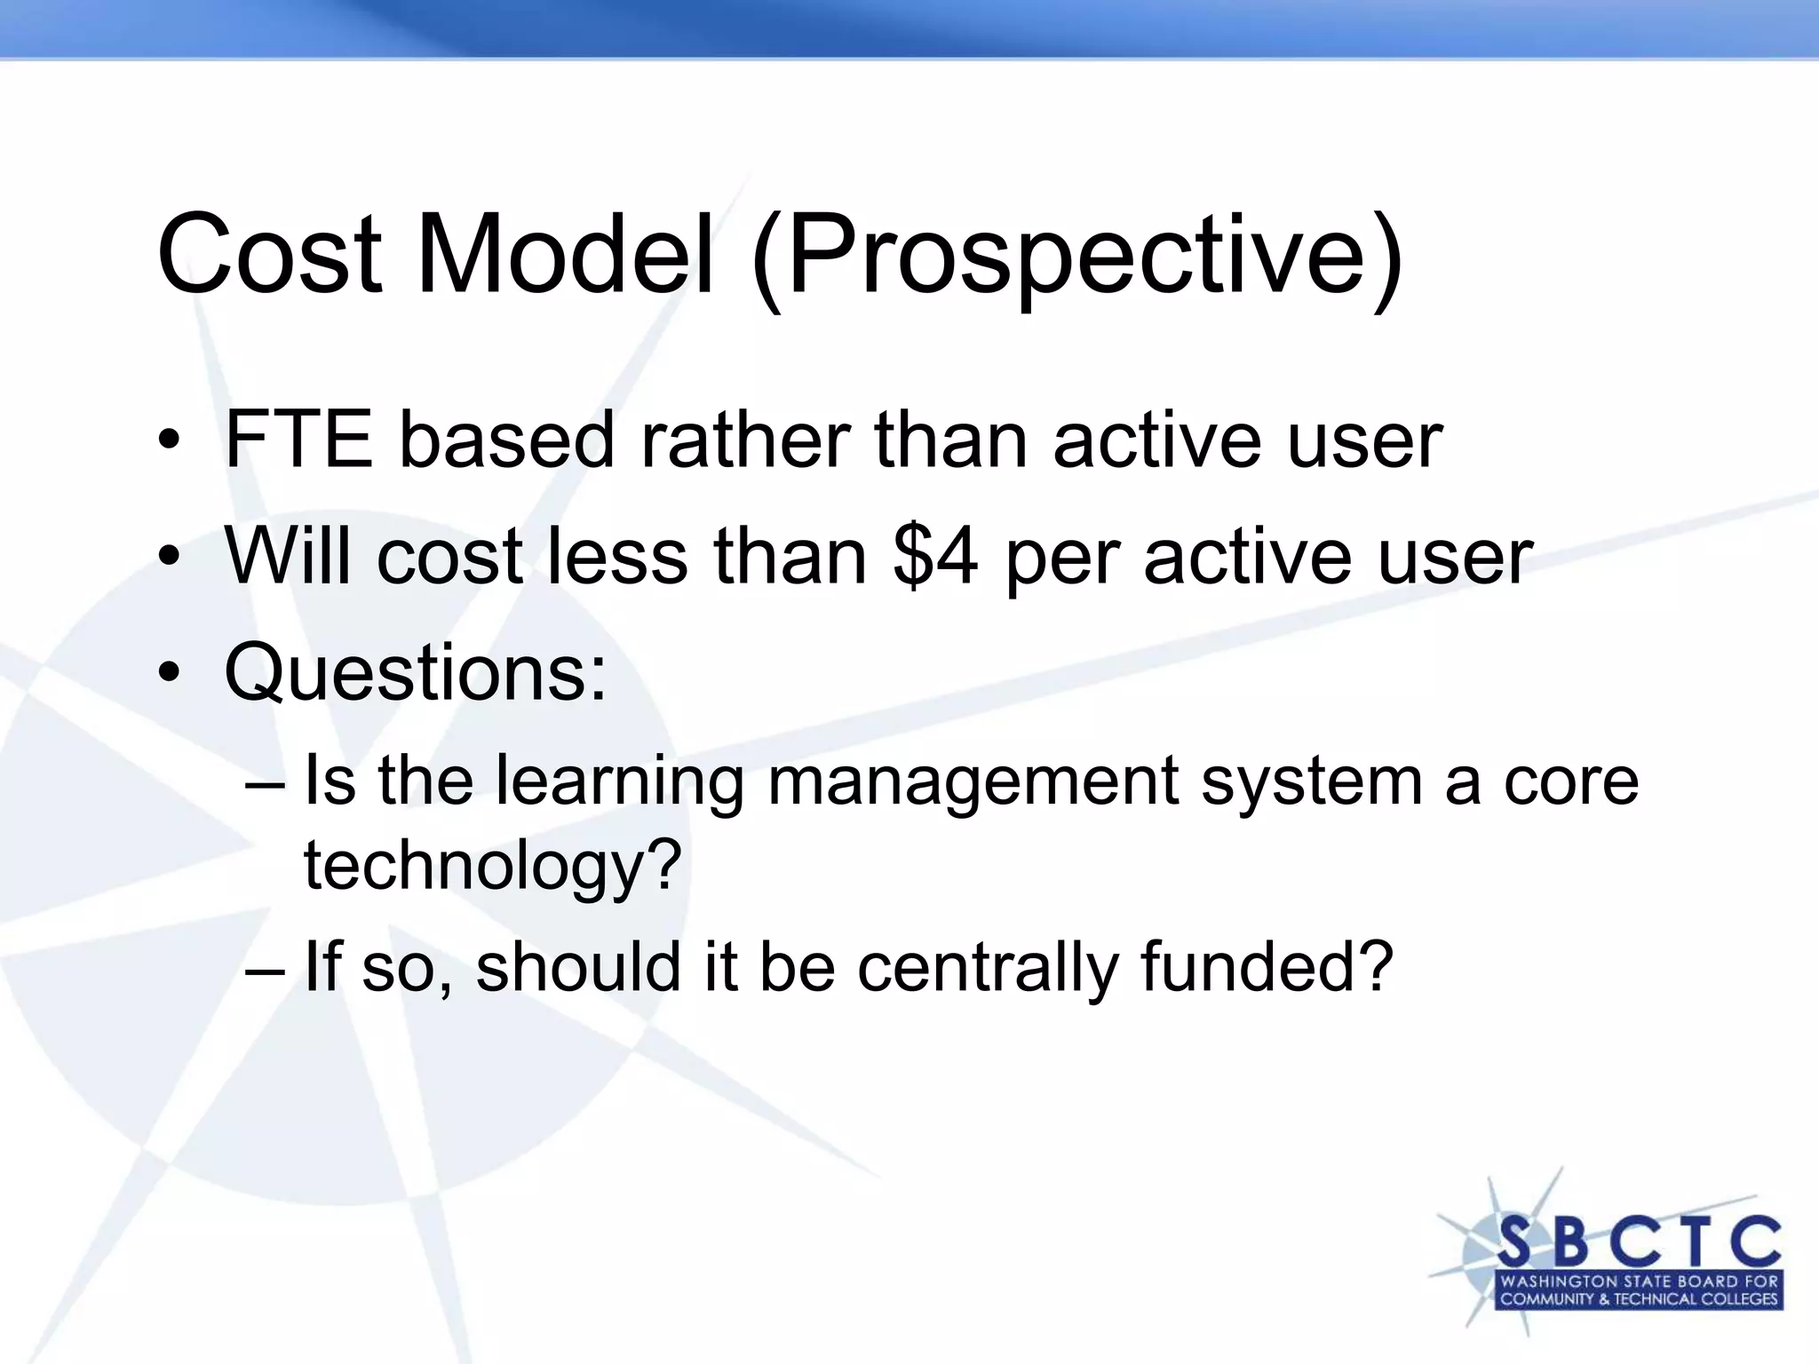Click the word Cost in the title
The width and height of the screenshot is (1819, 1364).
269,255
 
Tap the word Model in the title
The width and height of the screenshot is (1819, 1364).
566,255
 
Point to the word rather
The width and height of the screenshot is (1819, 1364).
745,440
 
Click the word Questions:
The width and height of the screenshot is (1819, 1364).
415,674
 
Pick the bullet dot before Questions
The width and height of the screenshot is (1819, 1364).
169,674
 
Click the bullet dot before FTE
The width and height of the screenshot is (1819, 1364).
169,441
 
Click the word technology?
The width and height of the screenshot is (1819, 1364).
493,866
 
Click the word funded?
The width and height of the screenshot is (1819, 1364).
1267,967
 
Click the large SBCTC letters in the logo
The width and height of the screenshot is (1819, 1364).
1639,1241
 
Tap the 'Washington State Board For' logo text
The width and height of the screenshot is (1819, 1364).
1639,1281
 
